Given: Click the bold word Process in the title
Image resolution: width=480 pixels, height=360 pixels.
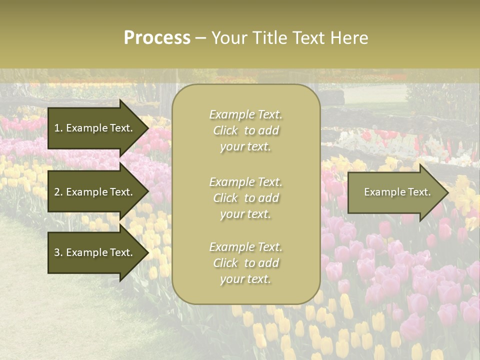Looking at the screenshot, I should point(157,38).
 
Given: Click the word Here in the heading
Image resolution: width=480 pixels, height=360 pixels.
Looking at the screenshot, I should point(349,38).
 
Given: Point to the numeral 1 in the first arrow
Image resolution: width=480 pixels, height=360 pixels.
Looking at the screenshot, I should point(57,128).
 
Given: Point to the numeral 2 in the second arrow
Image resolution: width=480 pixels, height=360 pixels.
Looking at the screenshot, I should point(57,192).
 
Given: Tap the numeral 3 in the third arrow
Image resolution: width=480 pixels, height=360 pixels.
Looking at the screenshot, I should point(57,252).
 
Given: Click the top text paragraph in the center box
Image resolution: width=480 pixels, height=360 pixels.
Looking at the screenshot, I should point(245,130).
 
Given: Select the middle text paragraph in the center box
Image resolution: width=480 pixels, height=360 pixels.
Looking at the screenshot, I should point(245,197).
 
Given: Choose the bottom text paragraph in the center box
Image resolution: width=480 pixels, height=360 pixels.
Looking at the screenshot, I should point(245,263).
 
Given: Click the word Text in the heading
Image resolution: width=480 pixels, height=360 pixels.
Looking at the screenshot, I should point(309,38).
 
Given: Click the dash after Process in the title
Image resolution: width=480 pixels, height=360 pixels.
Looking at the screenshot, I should point(200,38).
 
